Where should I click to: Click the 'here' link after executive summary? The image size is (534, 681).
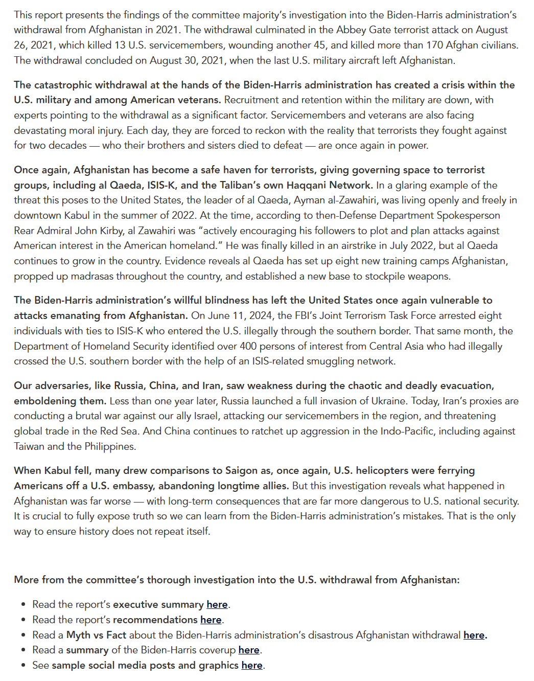(217, 604)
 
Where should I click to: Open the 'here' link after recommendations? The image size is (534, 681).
(211, 620)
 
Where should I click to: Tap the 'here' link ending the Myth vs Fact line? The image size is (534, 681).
(474, 635)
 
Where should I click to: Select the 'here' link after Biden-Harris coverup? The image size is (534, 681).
(249, 650)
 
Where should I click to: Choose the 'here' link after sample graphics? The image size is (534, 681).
(252, 665)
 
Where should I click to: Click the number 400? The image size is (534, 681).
(248, 346)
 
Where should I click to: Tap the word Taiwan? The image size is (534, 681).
(29, 446)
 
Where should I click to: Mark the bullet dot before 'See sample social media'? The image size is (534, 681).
(24, 665)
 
